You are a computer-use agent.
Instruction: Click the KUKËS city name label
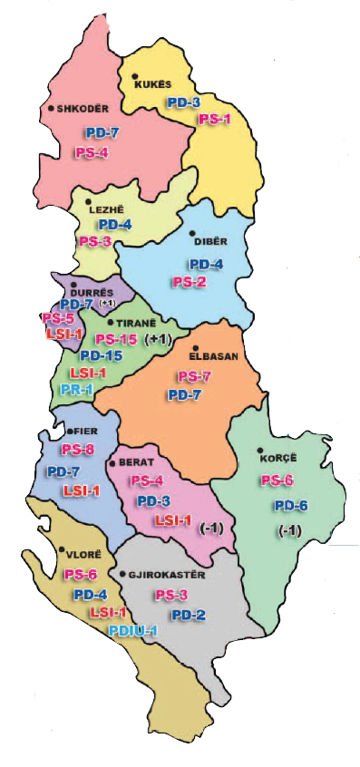pyautogui.click(x=153, y=84)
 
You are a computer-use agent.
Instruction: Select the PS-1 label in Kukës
pyautogui.click(x=215, y=119)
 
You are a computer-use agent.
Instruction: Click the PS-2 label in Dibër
pyautogui.click(x=190, y=282)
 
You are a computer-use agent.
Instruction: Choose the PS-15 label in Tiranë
pyautogui.click(x=116, y=339)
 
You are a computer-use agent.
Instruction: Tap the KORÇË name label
pyautogui.click(x=279, y=458)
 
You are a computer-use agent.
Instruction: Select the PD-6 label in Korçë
pyautogui.click(x=291, y=506)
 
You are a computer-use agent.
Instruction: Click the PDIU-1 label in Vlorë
pyautogui.click(x=133, y=630)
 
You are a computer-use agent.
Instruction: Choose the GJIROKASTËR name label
pyautogui.click(x=170, y=575)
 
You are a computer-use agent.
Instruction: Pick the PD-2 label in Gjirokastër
pyautogui.click(x=189, y=615)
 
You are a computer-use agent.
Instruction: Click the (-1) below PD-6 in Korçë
pyautogui.click(x=289, y=530)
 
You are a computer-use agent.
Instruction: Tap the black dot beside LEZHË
pyautogui.click(x=88, y=201)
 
